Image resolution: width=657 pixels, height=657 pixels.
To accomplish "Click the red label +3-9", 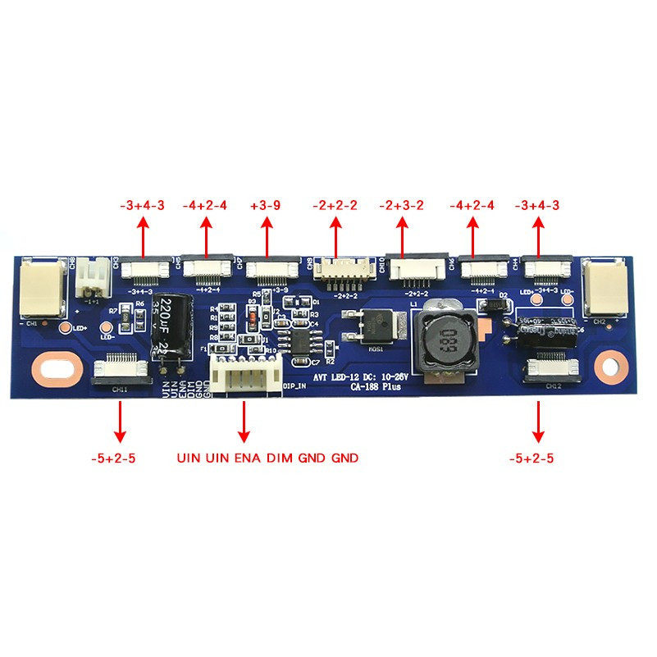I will (267, 206).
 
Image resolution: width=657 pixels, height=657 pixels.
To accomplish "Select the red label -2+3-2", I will (402, 206).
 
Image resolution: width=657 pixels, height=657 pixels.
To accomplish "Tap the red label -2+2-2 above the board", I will (335, 206).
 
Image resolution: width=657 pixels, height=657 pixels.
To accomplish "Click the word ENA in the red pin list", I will (249, 458).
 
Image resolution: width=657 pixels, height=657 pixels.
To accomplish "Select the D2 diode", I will (494, 305).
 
